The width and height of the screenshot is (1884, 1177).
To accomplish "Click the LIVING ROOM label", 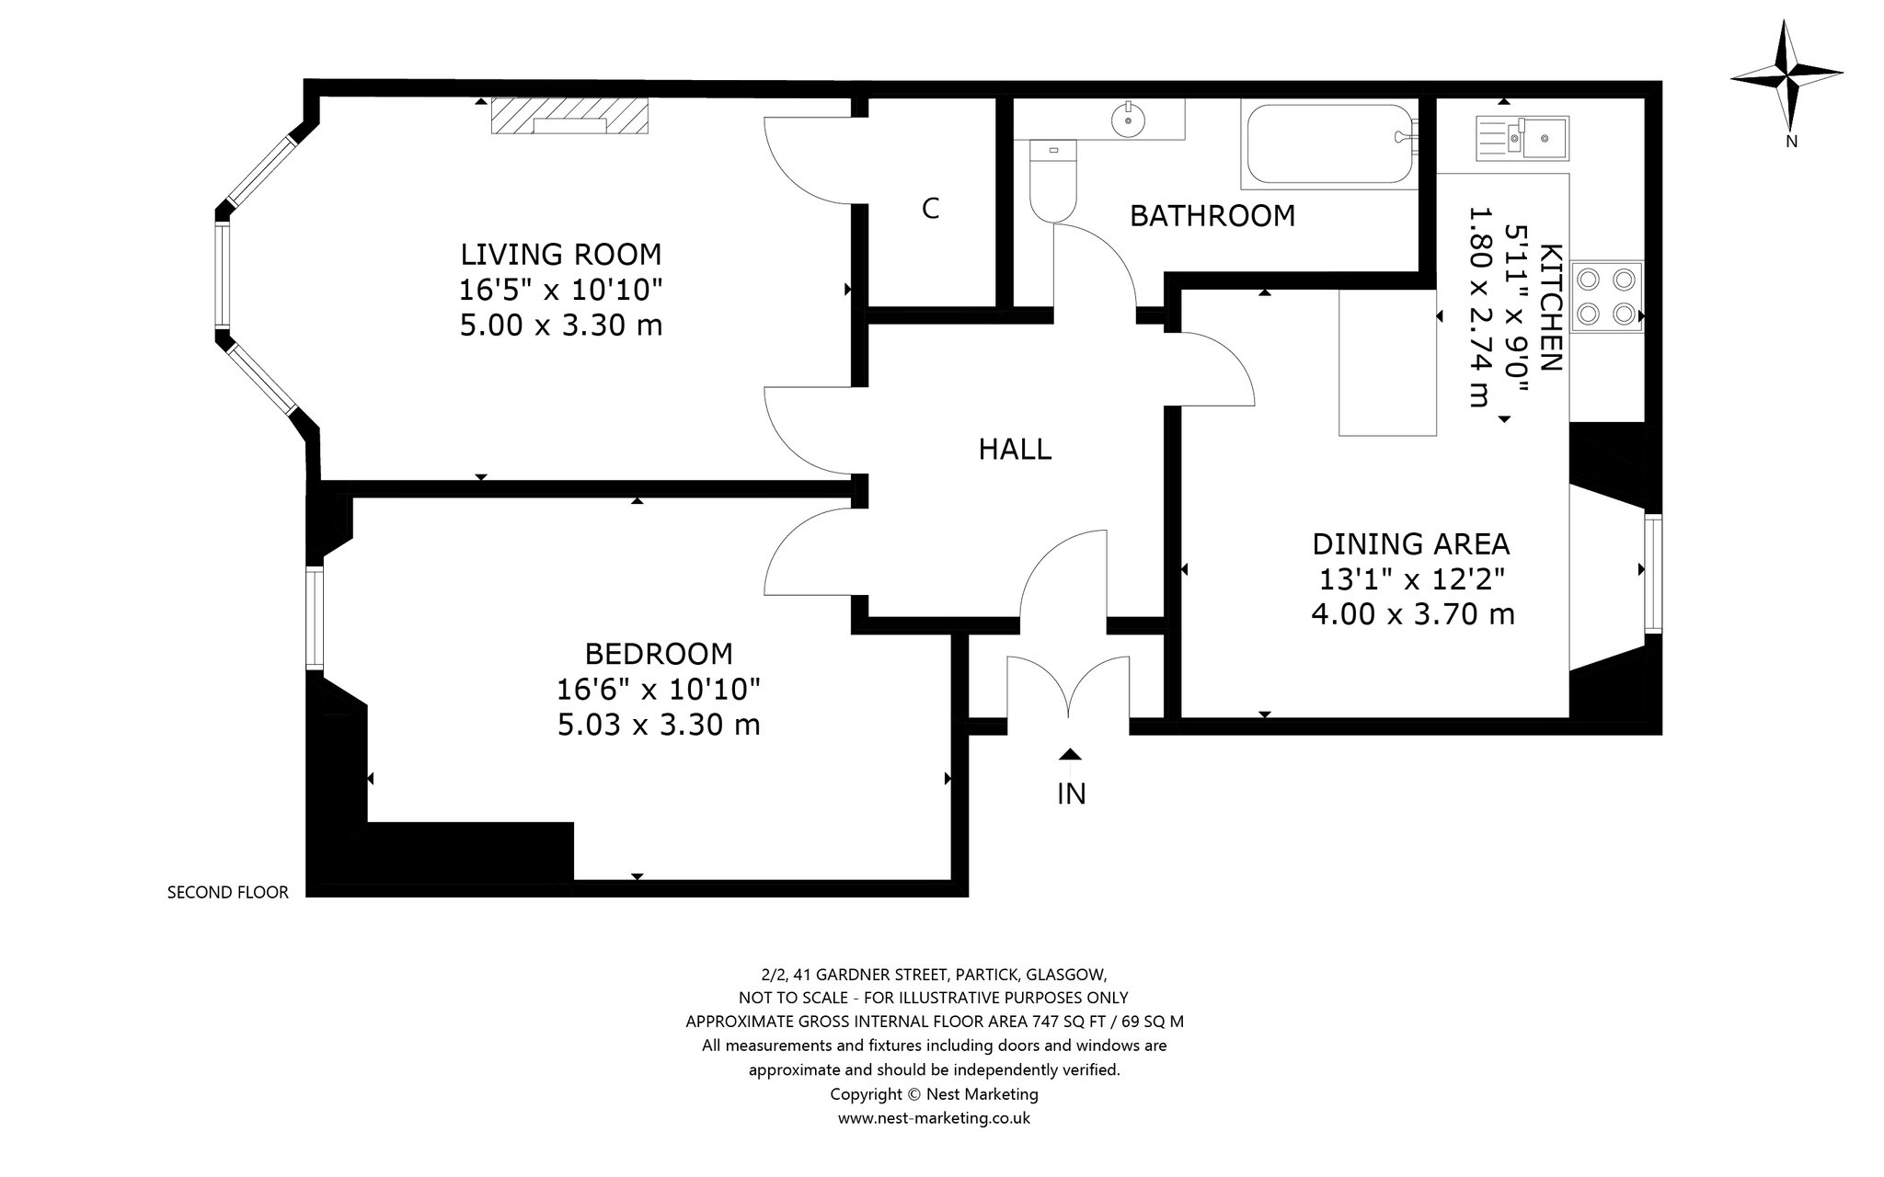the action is point(561,254).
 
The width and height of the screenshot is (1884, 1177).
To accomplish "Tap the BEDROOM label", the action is point(659,654).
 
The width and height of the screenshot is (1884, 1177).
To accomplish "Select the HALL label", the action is point(1015,450).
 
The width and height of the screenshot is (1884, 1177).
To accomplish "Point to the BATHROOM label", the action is point(1212,216).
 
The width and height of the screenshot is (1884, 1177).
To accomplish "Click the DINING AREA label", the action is point(1411,544).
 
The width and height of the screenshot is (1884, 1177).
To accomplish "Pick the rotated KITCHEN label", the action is point(1550,308).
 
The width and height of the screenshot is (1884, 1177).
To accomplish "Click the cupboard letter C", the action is point(930,210).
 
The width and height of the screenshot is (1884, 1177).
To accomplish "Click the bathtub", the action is point(1330,145).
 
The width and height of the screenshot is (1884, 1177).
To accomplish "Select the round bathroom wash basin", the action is point(1127,119).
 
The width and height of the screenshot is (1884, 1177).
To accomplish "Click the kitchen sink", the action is point(1522,137).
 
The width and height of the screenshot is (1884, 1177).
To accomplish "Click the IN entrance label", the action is point(1071,794).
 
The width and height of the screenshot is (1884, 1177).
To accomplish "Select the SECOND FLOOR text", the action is point(228,892).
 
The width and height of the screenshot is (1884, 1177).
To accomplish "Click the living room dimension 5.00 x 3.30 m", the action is point(561,326).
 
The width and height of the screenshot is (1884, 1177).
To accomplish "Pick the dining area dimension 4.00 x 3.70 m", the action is point(1412,614).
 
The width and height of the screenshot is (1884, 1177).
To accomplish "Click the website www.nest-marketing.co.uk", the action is point(934,1119).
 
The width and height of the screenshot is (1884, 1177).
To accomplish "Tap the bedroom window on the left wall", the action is point(315,619).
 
